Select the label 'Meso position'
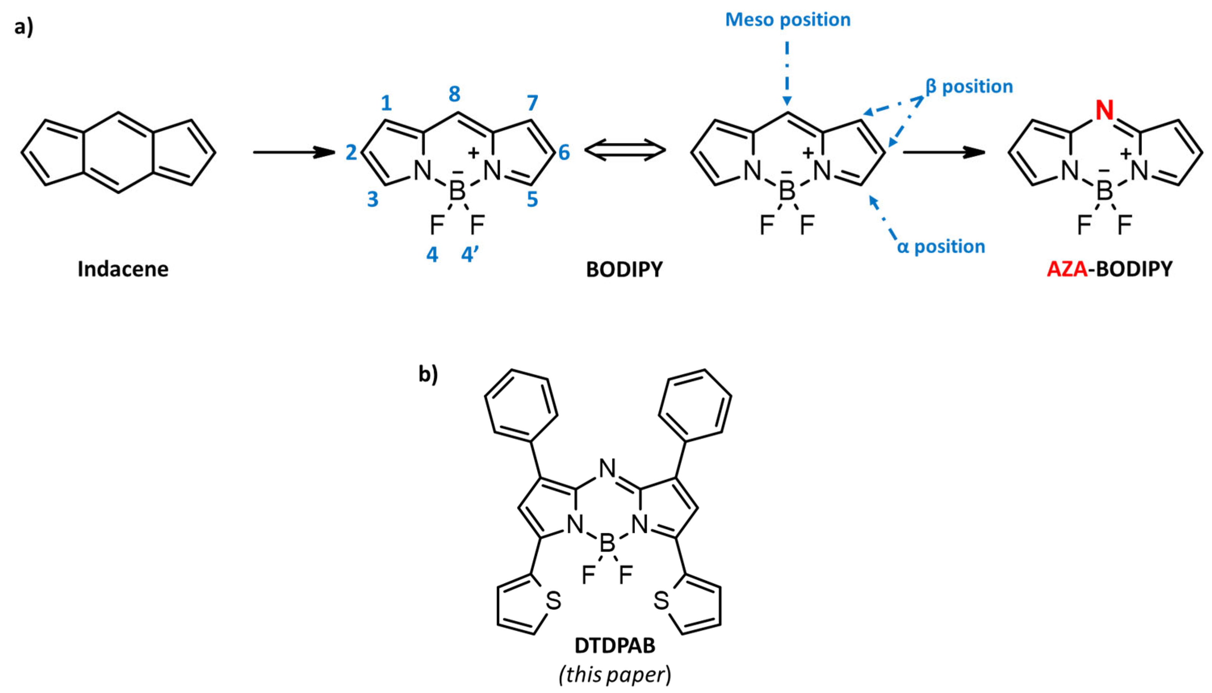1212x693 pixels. point(787,19)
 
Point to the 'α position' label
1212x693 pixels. point(940,246)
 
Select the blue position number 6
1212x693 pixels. point(564,152)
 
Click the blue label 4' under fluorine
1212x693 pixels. point(470,255)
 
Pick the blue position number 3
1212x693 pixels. point(373,199)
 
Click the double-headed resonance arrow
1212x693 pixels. point(624,151)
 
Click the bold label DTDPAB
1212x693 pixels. point(614,646)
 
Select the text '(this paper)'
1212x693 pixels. point(614,674)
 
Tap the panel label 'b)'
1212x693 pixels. point(428,375)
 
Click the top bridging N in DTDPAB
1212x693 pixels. point(607,469)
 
